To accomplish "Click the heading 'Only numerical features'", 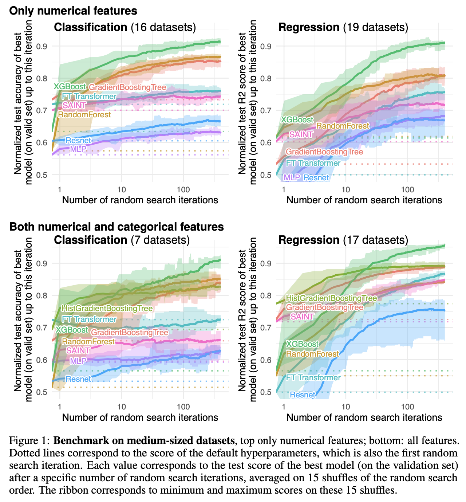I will [x=73, y=11].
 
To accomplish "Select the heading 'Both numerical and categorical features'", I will [x=116, y=227].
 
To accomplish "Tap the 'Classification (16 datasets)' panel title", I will [x=125, y=27].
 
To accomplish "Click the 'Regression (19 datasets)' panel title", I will [x=343, y=27].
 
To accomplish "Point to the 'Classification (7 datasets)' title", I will [x=122, y=240].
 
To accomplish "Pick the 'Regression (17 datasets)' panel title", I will [x=343, y=240].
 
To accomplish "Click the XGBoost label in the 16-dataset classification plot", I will [x=70, y=87].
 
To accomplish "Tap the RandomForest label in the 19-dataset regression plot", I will [x=343, y=126].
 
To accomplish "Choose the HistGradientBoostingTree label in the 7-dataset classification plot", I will [x=107, y=309].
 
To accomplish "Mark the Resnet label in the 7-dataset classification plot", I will [x=78, y=379].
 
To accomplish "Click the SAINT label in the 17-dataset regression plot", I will [x=302, y=317].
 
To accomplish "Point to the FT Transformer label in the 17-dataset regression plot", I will [x=313, y=377].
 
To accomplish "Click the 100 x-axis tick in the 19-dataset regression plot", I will [x=407, y=190].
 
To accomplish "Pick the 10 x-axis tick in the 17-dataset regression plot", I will [x=345, y=407].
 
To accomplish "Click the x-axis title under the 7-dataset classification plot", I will [x=140, y=417].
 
